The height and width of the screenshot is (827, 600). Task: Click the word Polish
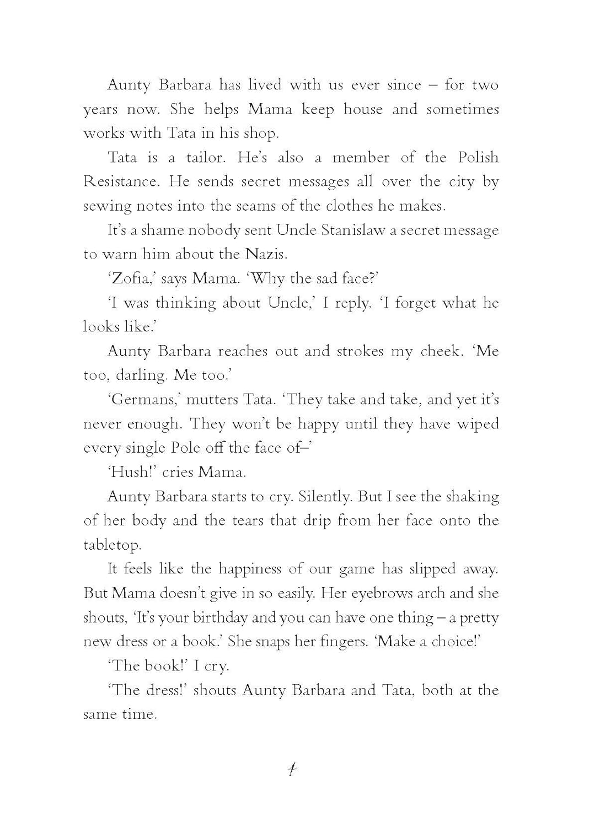click(x=478, y=158)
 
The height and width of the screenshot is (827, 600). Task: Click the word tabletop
click(x=112, y=545)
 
